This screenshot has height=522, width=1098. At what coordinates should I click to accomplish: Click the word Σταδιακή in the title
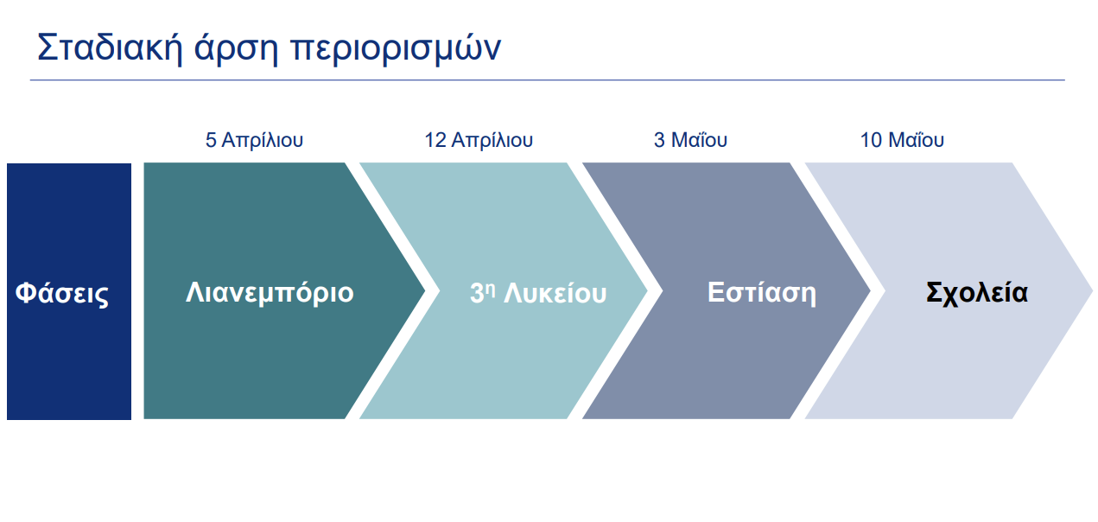[110, 47]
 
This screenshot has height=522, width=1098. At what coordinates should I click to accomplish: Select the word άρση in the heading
[236, 49]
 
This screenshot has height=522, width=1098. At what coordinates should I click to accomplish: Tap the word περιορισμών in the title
[396, 50]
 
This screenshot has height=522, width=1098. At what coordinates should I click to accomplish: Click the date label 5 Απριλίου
[254, 140]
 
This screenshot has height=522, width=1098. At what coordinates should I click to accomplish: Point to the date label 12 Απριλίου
[479, 140]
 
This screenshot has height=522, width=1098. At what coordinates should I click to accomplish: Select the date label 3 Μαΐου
[690, 140]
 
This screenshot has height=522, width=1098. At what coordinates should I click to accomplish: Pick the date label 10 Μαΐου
[902, 140]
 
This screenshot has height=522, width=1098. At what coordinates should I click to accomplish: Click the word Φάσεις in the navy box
[61, 293]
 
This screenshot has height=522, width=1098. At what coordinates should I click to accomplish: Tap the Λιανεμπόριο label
[270, 293]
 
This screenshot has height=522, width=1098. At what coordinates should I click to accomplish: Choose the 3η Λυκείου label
[538, 293]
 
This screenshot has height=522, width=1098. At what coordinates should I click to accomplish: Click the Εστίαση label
[762, 292]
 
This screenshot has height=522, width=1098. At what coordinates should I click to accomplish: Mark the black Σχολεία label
[976, 292]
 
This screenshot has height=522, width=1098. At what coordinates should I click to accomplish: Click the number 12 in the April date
[435, 140]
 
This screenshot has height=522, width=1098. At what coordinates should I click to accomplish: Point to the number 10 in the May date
[872, 140]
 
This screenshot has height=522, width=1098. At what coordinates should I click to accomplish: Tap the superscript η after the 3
[491, 288]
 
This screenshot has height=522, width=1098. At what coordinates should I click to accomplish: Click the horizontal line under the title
[547, 80]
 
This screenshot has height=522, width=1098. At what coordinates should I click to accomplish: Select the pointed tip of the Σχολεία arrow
[1092, 291]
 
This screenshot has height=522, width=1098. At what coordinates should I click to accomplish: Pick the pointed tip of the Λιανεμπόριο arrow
[424, 291]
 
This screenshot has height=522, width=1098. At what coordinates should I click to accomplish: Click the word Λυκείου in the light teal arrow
[555, 293]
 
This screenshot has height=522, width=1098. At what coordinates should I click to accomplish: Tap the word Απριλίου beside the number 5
[263, 140]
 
